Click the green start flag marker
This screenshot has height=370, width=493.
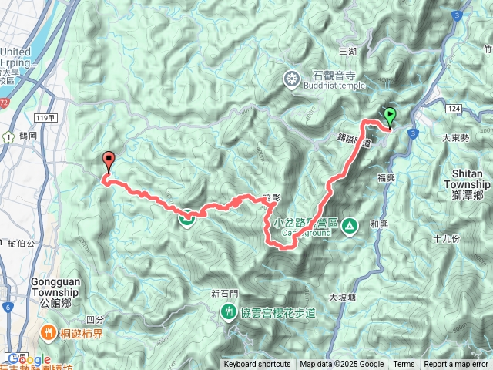[389, 116]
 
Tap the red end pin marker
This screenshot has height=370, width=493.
[108, 161]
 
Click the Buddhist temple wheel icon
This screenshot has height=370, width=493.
[292, 78]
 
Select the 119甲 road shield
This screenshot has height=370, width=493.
[45, 118]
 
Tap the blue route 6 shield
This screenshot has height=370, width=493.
[6, 307]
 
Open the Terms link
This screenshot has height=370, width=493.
[404, 365]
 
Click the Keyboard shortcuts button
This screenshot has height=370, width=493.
[257, 365]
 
